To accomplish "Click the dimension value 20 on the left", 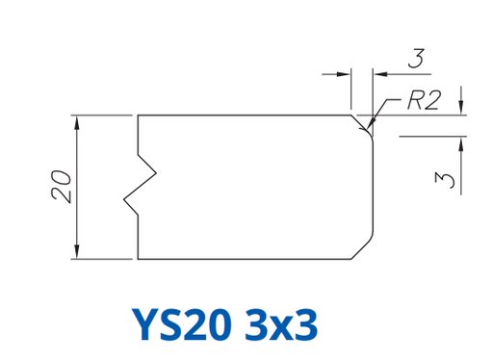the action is click(x=61, y=187).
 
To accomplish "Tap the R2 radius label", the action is click(x=424, y=100).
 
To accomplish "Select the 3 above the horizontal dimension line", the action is click(x=416, y=58).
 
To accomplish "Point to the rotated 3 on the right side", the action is click(x=445, y=180).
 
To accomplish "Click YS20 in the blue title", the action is click(x=182, y=324).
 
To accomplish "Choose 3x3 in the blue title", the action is click(x=281, y=324).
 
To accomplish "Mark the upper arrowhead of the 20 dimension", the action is click(x=77, y=122).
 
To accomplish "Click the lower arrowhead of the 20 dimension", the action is click(x=77, y=251).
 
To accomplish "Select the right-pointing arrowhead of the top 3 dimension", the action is click(x=344, y=74).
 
